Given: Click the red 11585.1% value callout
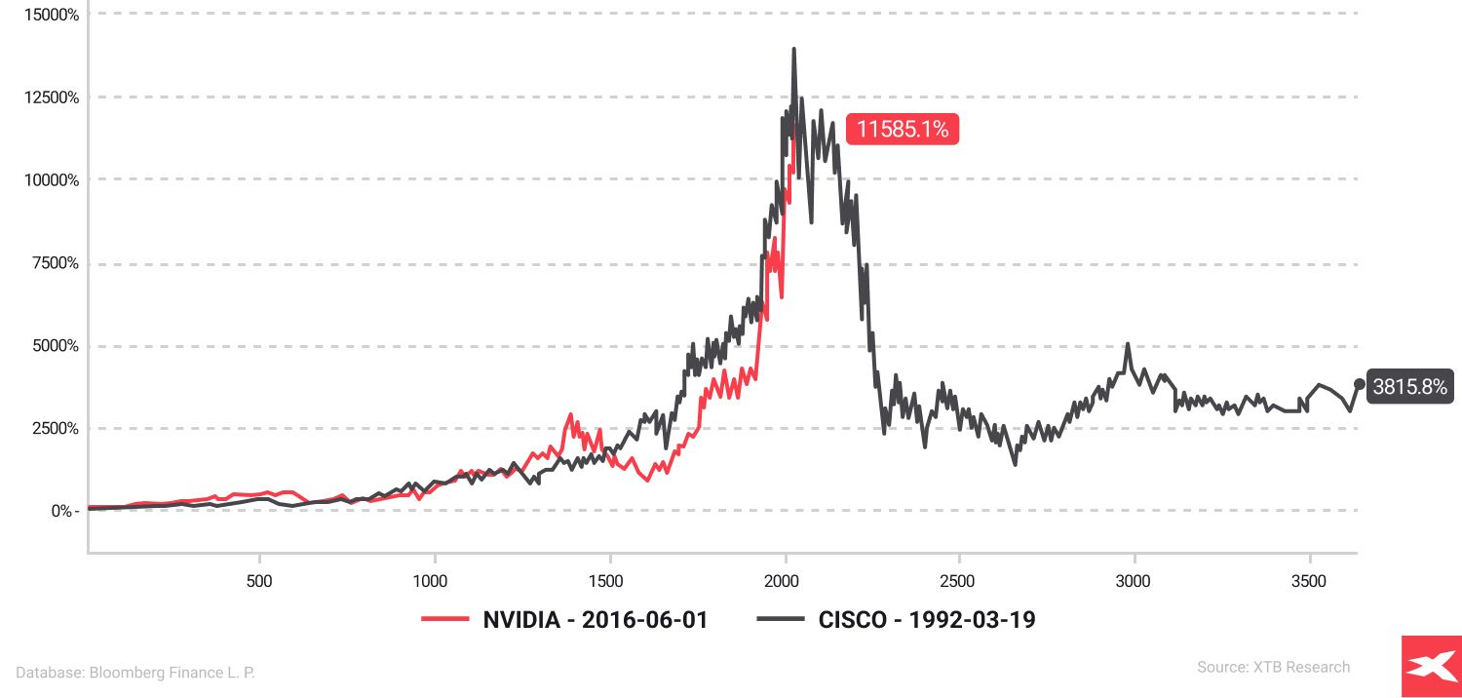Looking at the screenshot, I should [903, 129].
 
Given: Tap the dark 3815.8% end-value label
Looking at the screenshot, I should [1409, 387].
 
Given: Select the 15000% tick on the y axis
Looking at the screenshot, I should [42, 15].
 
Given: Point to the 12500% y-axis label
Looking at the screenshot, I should [42, 97].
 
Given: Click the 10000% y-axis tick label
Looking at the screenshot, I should [42, 180].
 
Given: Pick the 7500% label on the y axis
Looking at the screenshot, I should [46, 263].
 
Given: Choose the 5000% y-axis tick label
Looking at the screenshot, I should [46, 346].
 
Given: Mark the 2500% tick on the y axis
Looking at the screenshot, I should [46, 429].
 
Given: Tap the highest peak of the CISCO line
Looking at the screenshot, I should [793, 49].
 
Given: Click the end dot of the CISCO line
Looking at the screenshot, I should [1359, 384].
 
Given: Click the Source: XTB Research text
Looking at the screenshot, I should [1273, 667].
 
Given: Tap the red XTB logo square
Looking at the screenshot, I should [1431, 667].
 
